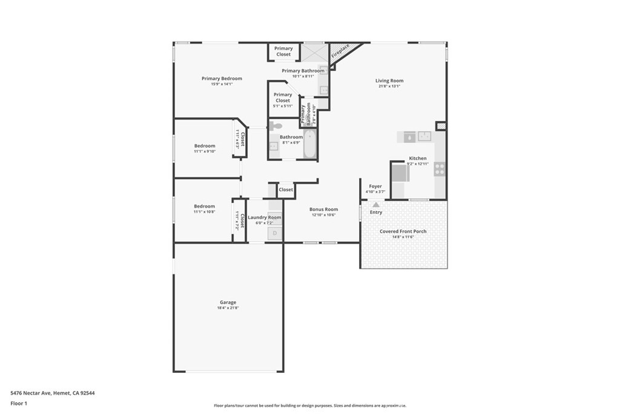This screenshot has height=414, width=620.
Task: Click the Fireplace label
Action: (340, 54)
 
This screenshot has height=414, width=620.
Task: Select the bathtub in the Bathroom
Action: (309, 145)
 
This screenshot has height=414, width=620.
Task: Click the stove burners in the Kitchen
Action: (440, 169)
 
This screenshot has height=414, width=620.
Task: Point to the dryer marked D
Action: (275, 233)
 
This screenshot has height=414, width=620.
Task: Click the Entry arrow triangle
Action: (376, 205)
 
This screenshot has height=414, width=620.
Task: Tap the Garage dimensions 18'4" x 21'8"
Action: (228, 309)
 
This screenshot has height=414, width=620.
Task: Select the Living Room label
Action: (389, 81)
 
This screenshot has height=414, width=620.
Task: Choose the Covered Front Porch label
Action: (403, 232)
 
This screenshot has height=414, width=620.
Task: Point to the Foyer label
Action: (375, 186)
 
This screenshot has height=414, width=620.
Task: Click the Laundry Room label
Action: (265, 217)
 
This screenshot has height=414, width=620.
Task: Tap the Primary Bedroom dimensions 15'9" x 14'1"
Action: (222, 84)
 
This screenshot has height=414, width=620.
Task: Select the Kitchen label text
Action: (418, 158)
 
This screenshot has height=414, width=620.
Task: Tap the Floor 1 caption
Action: (19, 403)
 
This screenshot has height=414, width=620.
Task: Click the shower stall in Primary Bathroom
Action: (314, 52)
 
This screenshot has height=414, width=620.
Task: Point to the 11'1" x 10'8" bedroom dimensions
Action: (205, 212)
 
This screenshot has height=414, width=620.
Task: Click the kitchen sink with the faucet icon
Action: (409, 138)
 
